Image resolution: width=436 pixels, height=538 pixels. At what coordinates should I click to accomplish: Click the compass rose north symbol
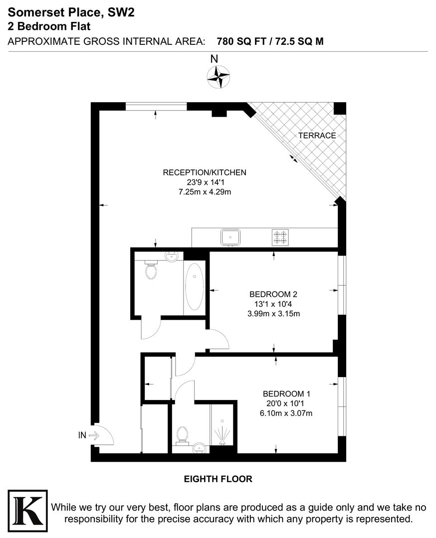click(218, 77)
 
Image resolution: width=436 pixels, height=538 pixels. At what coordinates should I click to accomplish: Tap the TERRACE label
click(317, 135)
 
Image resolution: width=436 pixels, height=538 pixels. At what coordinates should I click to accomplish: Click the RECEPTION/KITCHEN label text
click(205, 173)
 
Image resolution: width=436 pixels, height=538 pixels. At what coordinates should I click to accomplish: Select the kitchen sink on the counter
click(230, 237)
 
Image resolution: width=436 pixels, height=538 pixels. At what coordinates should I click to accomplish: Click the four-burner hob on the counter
click(280, 237)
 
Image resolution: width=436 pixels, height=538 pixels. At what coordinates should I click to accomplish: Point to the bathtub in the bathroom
click(194, 287)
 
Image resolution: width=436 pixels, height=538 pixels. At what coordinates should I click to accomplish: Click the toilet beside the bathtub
click(151, 270)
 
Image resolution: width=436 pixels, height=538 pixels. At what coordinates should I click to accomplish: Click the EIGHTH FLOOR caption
click(218, 479)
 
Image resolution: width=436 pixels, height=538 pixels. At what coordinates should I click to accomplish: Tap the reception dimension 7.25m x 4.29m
click(205, 192)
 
